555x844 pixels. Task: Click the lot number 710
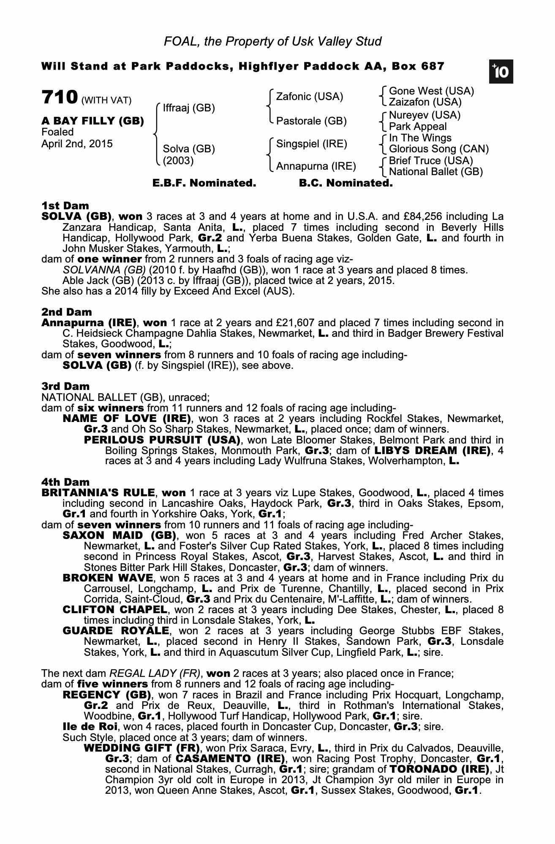tap(60, 97)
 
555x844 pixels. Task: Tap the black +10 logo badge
tap(501, 72)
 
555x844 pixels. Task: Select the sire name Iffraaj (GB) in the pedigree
tap(189, 108)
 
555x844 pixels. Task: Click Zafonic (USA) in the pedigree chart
tap(310, 97)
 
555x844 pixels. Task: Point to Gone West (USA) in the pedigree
tap(431, 91)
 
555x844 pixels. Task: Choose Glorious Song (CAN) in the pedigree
tap(439, 149)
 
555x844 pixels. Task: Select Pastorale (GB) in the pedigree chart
tap(311, 121)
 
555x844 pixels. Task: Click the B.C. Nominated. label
tap(346, 183)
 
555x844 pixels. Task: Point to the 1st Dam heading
tap(65, 206)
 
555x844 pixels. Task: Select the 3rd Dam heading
tap(65, 387)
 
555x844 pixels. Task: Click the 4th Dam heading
tap(65, 482)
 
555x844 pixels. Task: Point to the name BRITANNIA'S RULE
tap(98, 493)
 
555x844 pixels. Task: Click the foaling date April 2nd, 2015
tap(77, 144)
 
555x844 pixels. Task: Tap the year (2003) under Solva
tap(178, 161)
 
